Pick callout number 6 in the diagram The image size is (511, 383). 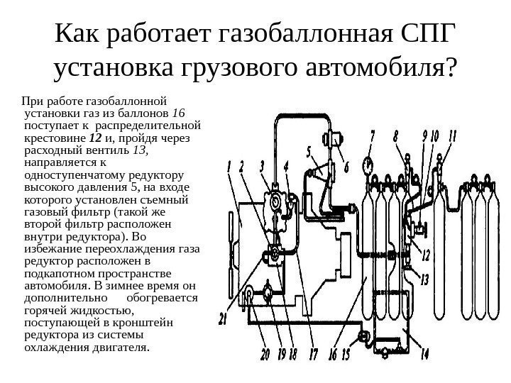pos(346,168)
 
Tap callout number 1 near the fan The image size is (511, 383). pos(230,168)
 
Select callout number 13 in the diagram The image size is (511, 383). pos(424,279)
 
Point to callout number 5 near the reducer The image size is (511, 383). pos(309,150)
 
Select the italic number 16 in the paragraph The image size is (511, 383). pos(178,112)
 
